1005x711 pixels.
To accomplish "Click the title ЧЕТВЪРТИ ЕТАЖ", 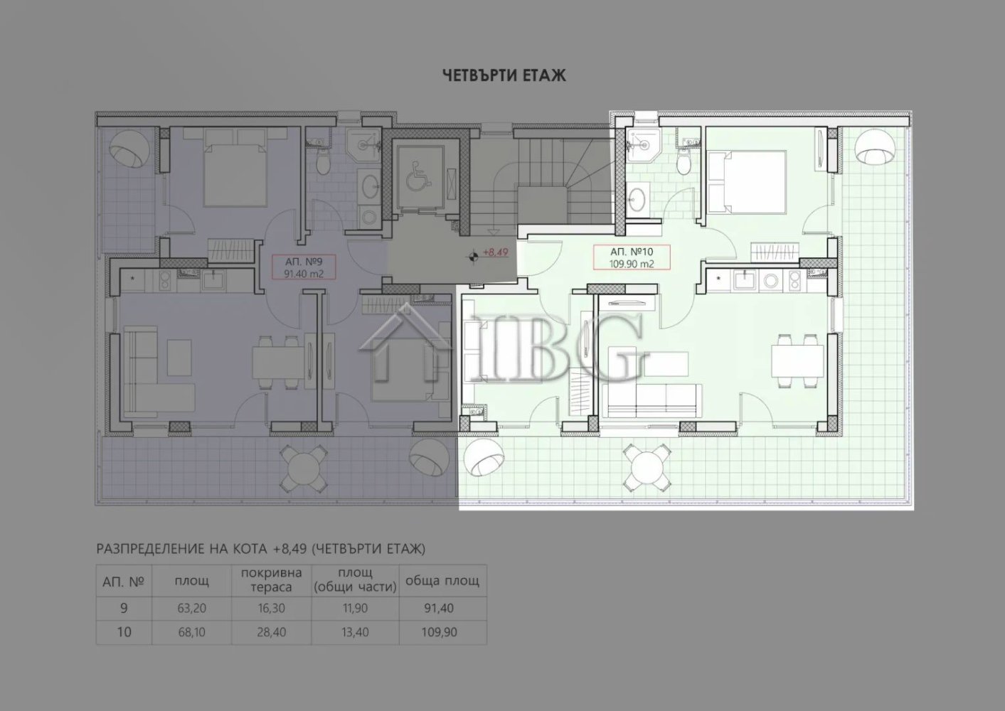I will pyautogui.click(x=504, y=75).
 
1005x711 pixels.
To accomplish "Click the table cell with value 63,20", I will pyautogui.click(x=191, y=609).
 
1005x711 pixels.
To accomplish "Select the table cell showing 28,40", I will pyautogui.click(x=271, y=631).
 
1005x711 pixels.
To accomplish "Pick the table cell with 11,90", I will pyautogui.click(x=355, y=609).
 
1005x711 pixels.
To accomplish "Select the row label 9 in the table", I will pyautogui.click(x=124, y=609).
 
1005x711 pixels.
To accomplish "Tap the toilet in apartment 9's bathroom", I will pyautogui.click(x=321, y=162).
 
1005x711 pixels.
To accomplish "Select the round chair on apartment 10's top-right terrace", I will pyautogui.click(x=873, y=148).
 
